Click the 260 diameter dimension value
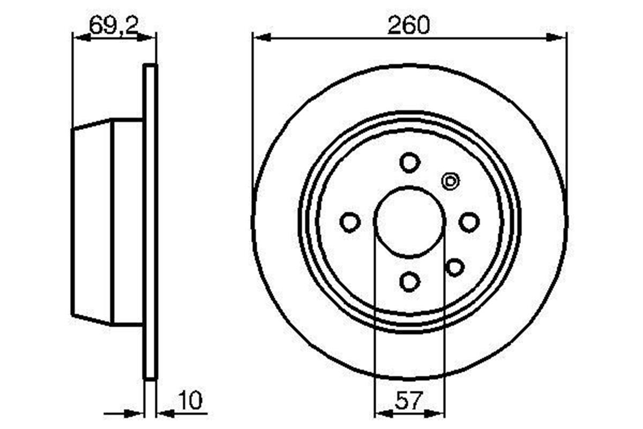click(x=409, y=26)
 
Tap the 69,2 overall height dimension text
click(x=111, y=26)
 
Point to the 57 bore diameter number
click(x=409, y=401)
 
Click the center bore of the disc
click(x=409, y=221)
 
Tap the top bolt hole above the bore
click(x=409, y=162)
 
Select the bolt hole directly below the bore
click(x=409, y=281)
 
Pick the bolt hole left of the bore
click(x=350, y=221)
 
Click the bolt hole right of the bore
click(x=469, y=221)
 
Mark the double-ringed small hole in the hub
click(x=450, y=181)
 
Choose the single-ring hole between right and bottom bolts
click(x=455, y=267)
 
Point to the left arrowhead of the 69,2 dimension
click(x=79, y=38)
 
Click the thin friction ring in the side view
click(x=151, y=221)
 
